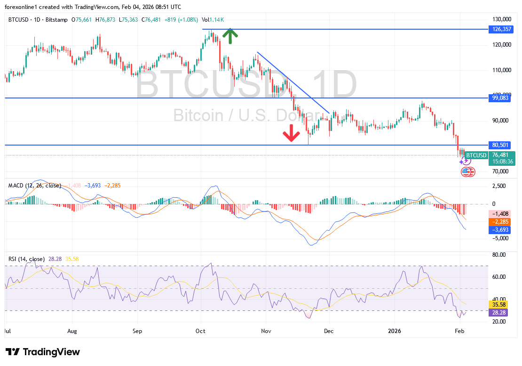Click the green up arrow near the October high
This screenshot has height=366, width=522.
[229, 36]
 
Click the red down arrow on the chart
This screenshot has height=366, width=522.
[291, 133]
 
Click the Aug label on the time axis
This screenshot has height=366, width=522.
[71, 331]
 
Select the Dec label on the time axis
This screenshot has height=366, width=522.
[328, 331]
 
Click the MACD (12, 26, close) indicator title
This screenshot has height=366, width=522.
[35, 186]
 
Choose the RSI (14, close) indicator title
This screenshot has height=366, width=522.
[26, 259]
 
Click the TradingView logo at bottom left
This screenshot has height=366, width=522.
[43, 352]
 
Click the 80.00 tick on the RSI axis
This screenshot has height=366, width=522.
[498, 255]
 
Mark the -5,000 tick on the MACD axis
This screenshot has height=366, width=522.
[499, 238]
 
